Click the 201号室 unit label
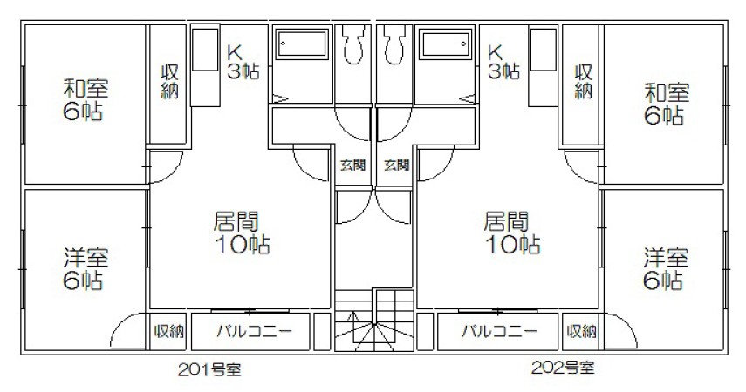pyautogui.click(x=209, y=369)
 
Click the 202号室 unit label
pyautogui.click(x=563, y=367)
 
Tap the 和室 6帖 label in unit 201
pyautogui.click(x=85, y=100)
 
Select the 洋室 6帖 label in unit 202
pyautogui.click(x=665, y=269)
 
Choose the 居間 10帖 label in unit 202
pyautogui.click(x=511, y=233)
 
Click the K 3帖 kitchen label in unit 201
pyautogui.click(x=243, y=62)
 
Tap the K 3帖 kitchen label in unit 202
pyautogui.click(x=503, y=62)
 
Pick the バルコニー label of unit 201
pyautogui.click(x=255, y=331)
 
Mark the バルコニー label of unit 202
pyautogui.click(x=500, y=331)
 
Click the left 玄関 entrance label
pyautogui.click(x=352, y=166)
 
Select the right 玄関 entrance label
pyautogui.click(x=397, y=166)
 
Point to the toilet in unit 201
pyautogui.click(x=352, y=44)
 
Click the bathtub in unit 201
pyautogui.click(x=302, y=44)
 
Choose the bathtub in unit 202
pyautogui.click(x=445, y=44)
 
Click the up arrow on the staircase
pyautogui.click(x=352, y=327)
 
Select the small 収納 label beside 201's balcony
pyautogui.click(x=169, y=331)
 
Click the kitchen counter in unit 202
pyautogui.click(x=544, y=67)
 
